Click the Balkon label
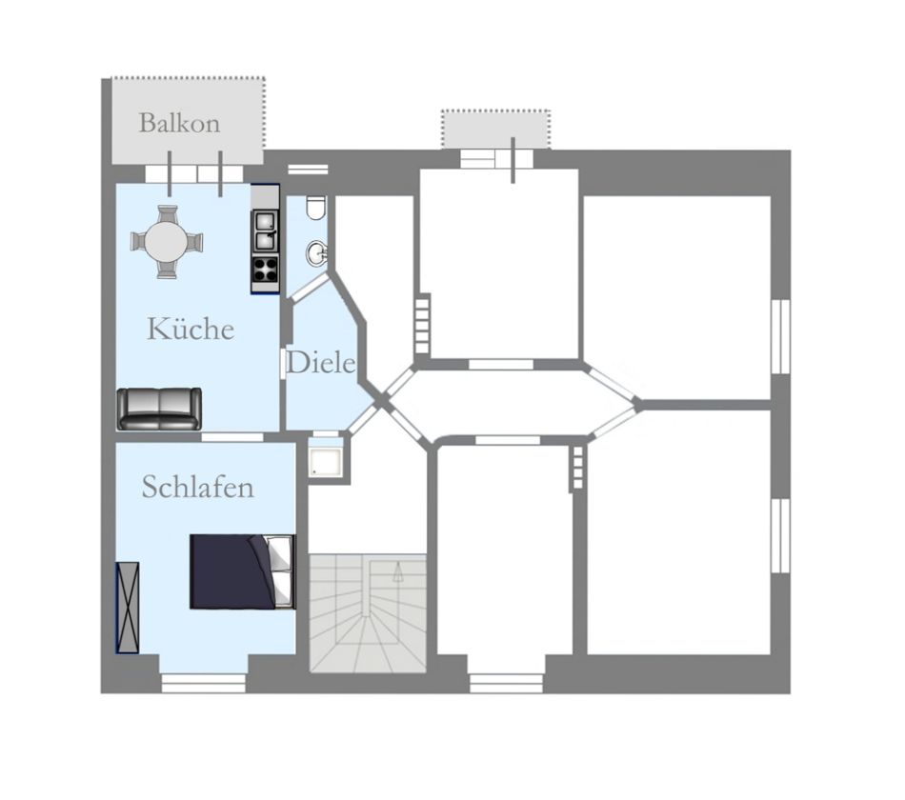[x=179, y=123]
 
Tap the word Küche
[x=191, y=329]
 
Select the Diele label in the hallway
[x=320, y=363]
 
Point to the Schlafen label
[x=198, y=487]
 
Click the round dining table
[x=166, y=243]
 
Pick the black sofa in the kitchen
[x=159, y=409]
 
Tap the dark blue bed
[x=242, y=571]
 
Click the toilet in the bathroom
[x=315, y=208]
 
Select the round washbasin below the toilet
[x=317, y=253]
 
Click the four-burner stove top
[x=266, y=268]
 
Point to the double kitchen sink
[x=266, y=230]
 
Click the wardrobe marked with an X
[x=128, y=608]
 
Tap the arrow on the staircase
[x=397, y=573]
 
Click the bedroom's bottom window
[x=203, y=683]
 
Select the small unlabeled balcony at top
[x=495, y=130]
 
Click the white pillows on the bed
[x=281, y=571]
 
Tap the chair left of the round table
[x=138, y=241]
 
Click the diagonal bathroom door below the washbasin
[x=308, y=288]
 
